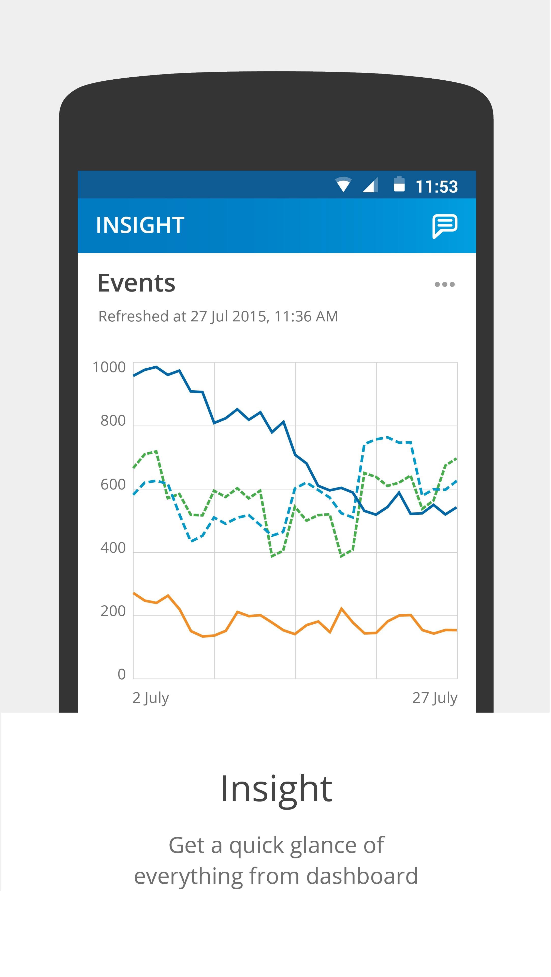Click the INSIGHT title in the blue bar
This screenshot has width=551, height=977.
click(140, 225)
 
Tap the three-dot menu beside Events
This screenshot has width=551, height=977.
click(444, 284)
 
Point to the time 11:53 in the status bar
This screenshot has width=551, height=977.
click(437, 186)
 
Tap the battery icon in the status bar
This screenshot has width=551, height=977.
click(399, 185)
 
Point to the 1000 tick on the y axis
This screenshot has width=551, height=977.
click(109, 367)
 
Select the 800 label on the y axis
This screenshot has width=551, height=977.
click(113, 421)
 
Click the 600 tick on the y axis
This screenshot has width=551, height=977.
click(113, 484)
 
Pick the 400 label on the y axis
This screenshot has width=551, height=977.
click(113, 548)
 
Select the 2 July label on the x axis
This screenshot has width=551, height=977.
click(151, 698)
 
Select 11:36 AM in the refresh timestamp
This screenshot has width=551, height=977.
click(306, 316)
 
